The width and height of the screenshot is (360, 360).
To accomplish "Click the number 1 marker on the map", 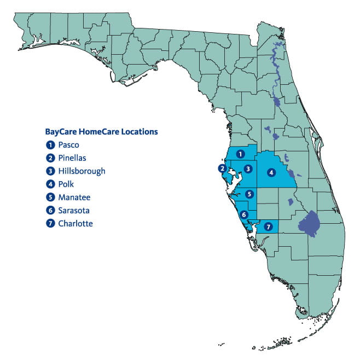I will [x=240, y=154].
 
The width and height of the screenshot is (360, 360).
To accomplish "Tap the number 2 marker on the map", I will [x=222, y=168].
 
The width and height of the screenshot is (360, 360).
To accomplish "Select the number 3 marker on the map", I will [x=248, y=169].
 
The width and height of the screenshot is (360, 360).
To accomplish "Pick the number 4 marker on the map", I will [x=271, y=172].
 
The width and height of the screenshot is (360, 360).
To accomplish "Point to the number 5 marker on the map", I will [x=249, y=193].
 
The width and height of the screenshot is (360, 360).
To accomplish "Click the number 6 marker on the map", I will [x=244, y=214].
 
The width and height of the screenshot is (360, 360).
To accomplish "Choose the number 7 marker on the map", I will [x=268, y=226].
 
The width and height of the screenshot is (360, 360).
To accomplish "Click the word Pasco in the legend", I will [x=68, y=145].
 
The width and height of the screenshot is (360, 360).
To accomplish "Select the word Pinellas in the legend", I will [x=73, y=158].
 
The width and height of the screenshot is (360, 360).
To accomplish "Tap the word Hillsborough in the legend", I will [x=82, y=171].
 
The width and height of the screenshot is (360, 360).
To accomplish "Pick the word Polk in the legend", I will [x=66, y=184].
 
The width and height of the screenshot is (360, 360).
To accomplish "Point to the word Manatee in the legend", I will [x=74, y=197].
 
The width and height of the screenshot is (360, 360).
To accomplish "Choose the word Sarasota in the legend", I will [x=74, y=210].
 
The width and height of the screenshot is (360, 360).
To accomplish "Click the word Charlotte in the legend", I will [x=76, y=223].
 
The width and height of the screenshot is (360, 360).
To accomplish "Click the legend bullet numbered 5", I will [x=50, y=197].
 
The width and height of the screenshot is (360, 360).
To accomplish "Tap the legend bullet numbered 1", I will [x=50, y=145].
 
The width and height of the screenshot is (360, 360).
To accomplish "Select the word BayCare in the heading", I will [x=60, y=132].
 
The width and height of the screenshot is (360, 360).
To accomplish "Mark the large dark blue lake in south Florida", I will [x=310, y=224].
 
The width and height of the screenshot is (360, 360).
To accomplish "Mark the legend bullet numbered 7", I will [x=50, y=223].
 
